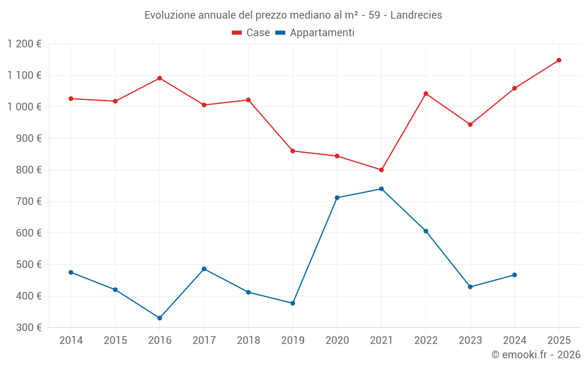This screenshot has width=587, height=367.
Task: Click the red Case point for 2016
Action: pyautogui.click(x=160, y=78)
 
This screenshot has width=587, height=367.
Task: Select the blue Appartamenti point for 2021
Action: pyautogui.click(x=382, y=189)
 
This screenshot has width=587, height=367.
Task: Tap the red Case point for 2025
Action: pyautogui.click(x=559, y=60)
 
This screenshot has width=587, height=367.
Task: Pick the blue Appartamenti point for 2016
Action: pyautogui.click(x=160, y=318)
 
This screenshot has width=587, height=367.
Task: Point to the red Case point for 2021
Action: pyautogui.click(x=382, y=170)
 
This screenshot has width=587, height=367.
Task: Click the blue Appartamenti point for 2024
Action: pyautogui.click(x=515, y=275)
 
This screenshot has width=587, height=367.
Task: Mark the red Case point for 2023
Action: pyautogui.click(x=470, y=124)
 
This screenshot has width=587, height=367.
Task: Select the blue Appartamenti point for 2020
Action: pyautogui.click(x=337, y=198)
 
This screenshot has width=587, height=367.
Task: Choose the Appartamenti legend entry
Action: pyautogui.click(x=322, y=33)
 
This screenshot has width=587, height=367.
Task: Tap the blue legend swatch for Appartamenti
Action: pyautogui.click(x=280, y=33)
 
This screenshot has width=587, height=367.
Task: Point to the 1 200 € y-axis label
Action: pyautogui.click(x=25, y=44)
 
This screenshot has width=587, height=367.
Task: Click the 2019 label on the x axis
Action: pyautogui.click(x=293, y=341)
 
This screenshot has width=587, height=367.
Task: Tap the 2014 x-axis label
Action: pyautogui.click(x=71, y=341)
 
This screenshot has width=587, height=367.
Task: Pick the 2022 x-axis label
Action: pyautogui.click(x=426, y=341)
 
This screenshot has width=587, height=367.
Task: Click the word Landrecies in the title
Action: pyautogui.click(x=416, y=15)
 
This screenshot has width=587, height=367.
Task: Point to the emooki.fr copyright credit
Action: pyautogui.click(x=535, y=355)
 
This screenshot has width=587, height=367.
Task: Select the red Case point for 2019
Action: pyautogui.click(x=293, y=151)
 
